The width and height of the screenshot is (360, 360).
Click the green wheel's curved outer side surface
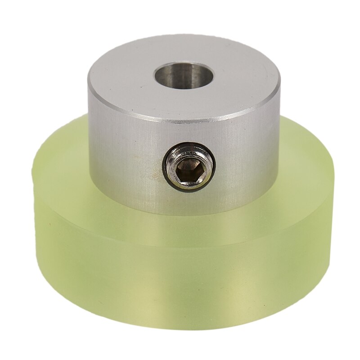click(180, 279)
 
